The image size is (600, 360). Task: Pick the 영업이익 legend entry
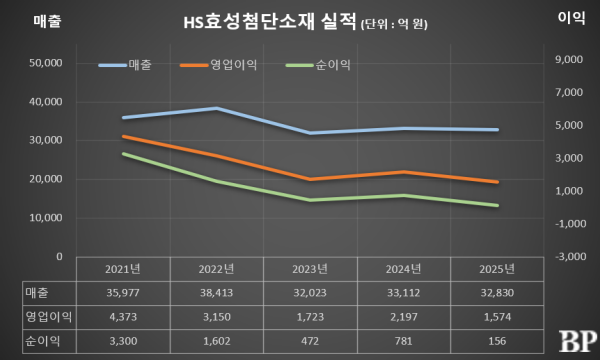point(231,65)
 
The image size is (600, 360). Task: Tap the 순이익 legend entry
point(329,65)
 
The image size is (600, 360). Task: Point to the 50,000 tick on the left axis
point(44,63)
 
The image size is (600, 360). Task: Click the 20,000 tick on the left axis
point(44,179)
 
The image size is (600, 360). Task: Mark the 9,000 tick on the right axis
point(567,60)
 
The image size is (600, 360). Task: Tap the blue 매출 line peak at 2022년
point(216,108)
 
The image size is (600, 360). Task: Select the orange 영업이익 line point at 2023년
point(311,179)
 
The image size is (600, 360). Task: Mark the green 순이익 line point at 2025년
point(498,206)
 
